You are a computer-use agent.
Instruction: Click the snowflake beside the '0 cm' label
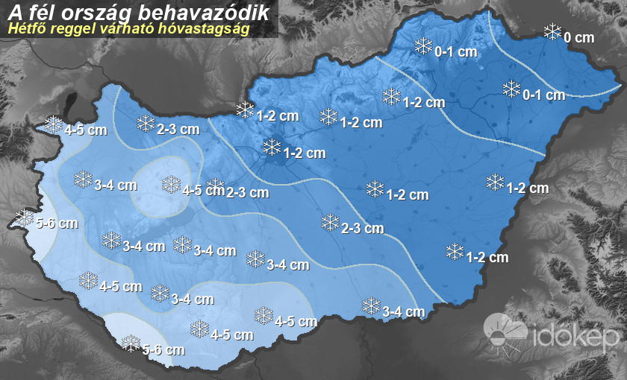[x=552, y=32]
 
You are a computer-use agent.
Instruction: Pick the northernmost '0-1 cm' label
[x=455, y=52]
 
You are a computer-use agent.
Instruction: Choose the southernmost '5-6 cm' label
[x=163, y=349]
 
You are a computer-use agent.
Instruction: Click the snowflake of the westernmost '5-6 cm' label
[x=25, y=218]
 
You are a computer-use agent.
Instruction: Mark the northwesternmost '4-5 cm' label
[x=85, y=130]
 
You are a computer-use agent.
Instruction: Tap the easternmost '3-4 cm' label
[x=403, y=311]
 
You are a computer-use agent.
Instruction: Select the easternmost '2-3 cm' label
[x=362, y=228]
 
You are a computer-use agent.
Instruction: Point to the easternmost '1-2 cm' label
[x=528, y=189]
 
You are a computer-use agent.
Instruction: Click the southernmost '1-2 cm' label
[x=487, y=257]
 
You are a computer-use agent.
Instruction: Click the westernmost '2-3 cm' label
[x=178, y=129]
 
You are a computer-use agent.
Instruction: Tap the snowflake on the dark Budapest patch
[x=272, y=147]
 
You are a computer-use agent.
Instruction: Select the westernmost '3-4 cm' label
[x=116, y=185]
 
